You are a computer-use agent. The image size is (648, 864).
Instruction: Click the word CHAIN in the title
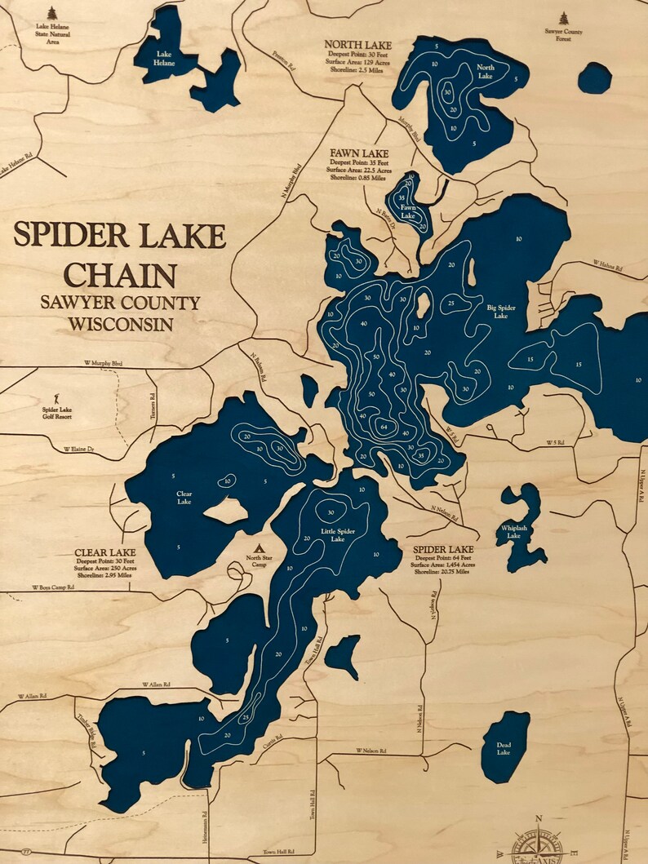(120, 274)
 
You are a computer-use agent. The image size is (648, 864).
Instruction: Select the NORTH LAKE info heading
(357, 44)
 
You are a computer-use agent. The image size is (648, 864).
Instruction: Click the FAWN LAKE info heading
(359, 153)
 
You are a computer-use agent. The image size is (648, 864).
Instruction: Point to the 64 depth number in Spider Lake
(382, 425)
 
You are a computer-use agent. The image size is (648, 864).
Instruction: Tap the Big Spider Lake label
(503, 312)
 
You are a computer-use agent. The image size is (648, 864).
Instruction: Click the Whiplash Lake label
(513, 532)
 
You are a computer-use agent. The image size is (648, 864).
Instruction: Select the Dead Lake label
(504, 748)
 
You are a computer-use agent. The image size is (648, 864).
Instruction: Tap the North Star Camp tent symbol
(260, 548)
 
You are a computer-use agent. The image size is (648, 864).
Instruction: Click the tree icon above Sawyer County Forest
(563, 18)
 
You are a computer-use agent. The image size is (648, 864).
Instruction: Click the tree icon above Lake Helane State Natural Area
(52, 13)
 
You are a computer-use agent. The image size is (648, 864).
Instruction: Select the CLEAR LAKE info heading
(104, 552)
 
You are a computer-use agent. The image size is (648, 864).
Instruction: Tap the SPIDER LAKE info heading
(443, 549)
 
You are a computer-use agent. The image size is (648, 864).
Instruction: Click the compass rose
(537, 845)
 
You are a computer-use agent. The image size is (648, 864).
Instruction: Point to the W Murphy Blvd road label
(102, 362)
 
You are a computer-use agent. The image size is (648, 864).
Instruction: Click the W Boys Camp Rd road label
(53, 587)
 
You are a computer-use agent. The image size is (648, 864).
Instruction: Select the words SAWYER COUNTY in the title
(120, 303)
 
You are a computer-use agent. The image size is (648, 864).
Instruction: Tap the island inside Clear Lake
(225, 511)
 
